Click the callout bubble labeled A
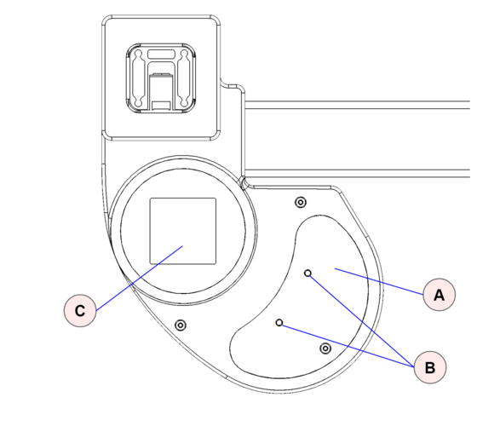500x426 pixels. (439, 294)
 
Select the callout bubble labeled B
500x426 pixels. (430, 367)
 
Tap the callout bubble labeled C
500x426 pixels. (80, 310)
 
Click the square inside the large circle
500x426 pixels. (183, 231)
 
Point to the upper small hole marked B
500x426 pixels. (307, 273)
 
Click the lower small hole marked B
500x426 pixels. (279, 323)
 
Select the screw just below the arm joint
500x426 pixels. (301, 202)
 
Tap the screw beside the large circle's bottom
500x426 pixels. (181, 325)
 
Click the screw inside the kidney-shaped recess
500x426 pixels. (325, 348)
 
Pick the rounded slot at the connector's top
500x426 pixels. (161, 54)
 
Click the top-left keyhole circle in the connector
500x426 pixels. (138, 53)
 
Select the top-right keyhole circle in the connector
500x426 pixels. (184, 53)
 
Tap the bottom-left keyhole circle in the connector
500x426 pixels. (138, 103)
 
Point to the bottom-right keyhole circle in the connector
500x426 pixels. (184, 103)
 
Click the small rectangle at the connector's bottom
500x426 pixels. (161, 106)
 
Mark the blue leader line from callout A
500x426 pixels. (379, 281)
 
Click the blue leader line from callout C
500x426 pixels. (140, 278)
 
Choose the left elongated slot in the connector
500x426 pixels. (138, 78)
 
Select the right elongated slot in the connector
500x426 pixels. (184, 78)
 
